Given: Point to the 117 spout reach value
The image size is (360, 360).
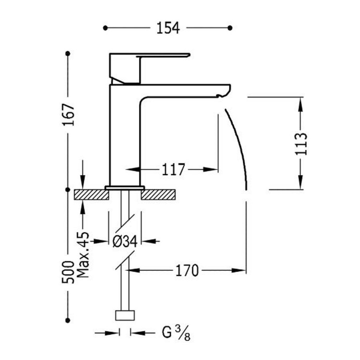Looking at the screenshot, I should pyautogui.click(x=174, y=170).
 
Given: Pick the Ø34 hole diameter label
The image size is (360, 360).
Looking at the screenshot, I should pyautogui.click(x=125, y=241).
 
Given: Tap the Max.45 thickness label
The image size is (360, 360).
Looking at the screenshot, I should pyautogui.click(x=82, y=255).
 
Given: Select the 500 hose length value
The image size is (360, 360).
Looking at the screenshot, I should pyautogui.click(x=68, y=272).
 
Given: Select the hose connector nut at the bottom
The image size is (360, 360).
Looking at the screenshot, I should pyautogui.click(x=125, y=315).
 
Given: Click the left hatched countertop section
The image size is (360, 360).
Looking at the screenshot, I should pyautogui.click(x=92, y=194).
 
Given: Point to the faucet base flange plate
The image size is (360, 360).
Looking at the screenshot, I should pyautogui.click(x=125, y=187).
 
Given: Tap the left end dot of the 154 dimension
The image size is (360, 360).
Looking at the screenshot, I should pyautogui.click(x=105, y=28).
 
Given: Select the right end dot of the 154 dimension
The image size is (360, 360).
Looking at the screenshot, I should pyautogui.click(x=230, y=28).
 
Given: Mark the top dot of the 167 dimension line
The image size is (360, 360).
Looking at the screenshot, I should pyautogui.click(x=68, y=53).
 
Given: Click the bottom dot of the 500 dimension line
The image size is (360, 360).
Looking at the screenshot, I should pyautogui.click(x=68, y=319).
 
